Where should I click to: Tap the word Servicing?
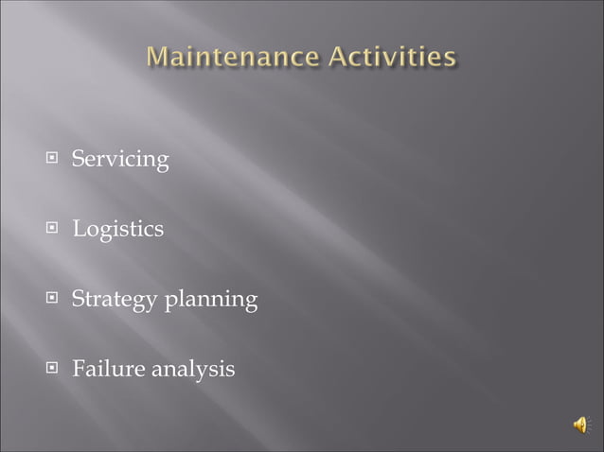point(120,161)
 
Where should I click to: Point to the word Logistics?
point(117,230)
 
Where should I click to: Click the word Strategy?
point(115,301)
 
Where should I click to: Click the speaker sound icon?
point(579,426)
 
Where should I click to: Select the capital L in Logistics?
point(80,229)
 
